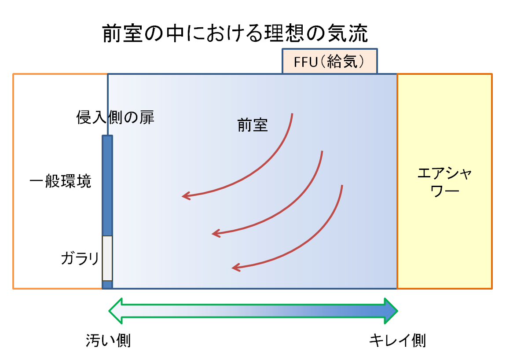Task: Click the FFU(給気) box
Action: click(x=330, y=61)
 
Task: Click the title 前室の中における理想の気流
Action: click(x=235, y=34)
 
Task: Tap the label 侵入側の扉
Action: click(x=116, y=118)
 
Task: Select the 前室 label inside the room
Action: click(x=253, y=126)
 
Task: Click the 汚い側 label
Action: click(x=108, y=340)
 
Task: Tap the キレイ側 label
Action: click(x=397, y=340)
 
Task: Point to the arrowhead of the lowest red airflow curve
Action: click(x=234, y=267)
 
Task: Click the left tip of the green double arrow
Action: click(x=110, y=311)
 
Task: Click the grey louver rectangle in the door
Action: click(x=107, y=258)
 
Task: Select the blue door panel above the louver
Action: click(x=107, y=185)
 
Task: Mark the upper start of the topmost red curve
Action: click(x=292, y=114)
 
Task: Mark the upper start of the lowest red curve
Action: click(x=341, y=186)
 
